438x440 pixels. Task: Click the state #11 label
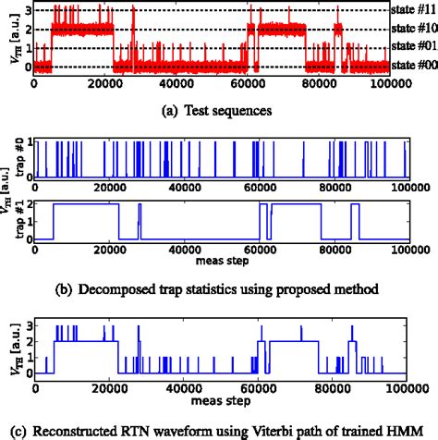point(411,11)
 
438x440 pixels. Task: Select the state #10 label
point(411,28)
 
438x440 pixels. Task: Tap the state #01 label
point(411,45)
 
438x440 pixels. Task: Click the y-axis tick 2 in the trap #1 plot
point(38,202)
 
